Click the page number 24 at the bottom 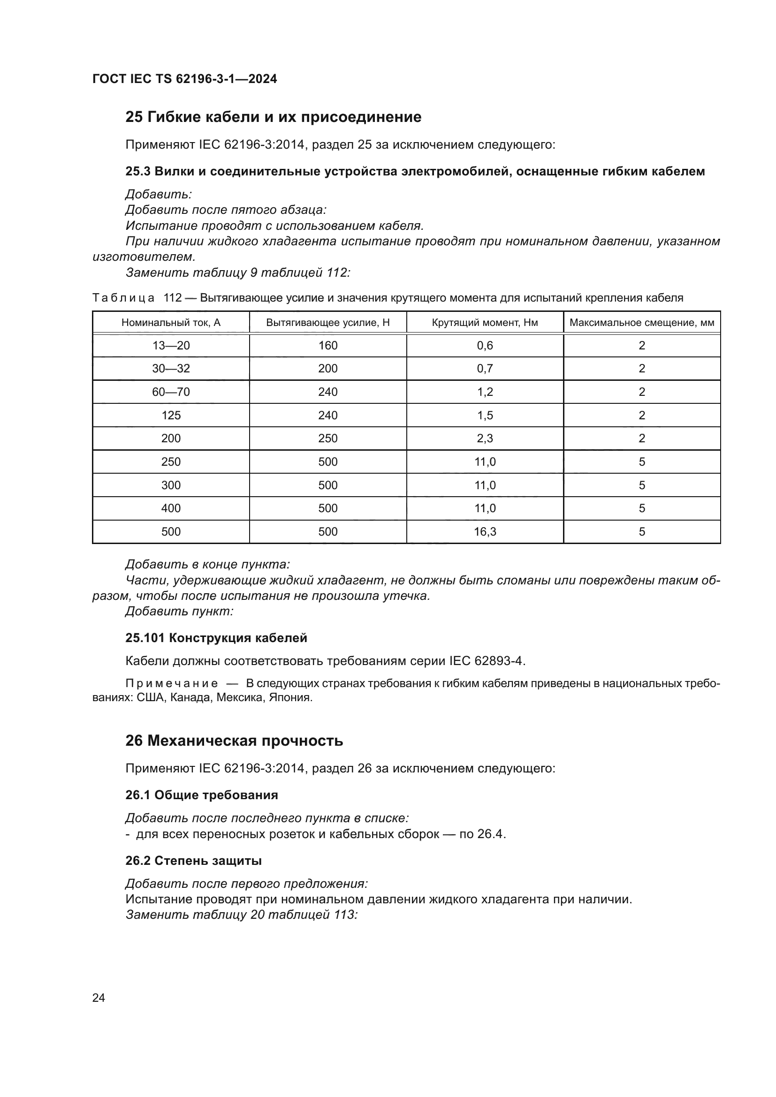pyautogui.click(x=99, y=998)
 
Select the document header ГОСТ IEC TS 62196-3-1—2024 pyautogui.click(x=184, y=79)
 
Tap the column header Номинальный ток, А pyautogui.click(x=171, y=323)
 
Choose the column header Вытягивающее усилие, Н pyautogui.click(x=328, y=323)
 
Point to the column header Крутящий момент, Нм pyautogui.click(x=485, y=323)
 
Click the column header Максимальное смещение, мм pyautogui.click(x=642, y=323)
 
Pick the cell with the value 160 pyautogui.click(x=328, y=346)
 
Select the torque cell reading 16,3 pyautogui.click(x=485, y=532)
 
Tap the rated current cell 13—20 pyautogui.click(x=171, y=346)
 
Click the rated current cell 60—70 pyautogui.click(x=171, y=392)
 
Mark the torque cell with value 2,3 pyautogui.click(x=485, y=438)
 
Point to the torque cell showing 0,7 pyautogui.click(x=485, y=368)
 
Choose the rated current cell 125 pyautogui.click(x=171, y=415)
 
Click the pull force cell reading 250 pyautogui.click(x=328, y=438)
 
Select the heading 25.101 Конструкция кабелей pyautogui.click(x=216, y=638)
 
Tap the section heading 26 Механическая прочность pyautogui.click(x=234, y=741)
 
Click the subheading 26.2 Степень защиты pyautogui.click(x=193, y=861)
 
